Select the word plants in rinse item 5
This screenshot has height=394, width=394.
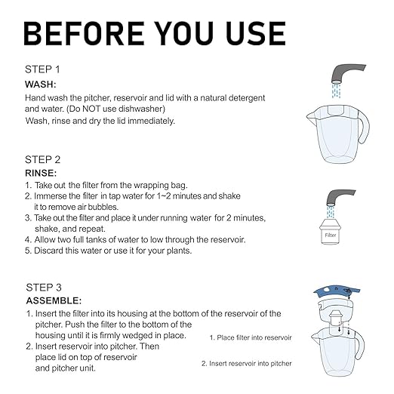174,250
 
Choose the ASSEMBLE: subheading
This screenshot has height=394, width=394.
52,301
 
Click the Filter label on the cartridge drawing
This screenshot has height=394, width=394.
330,235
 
